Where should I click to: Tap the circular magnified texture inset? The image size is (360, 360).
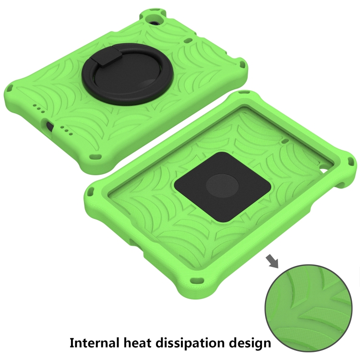[308, 308]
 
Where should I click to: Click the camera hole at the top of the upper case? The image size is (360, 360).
[154, 22]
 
